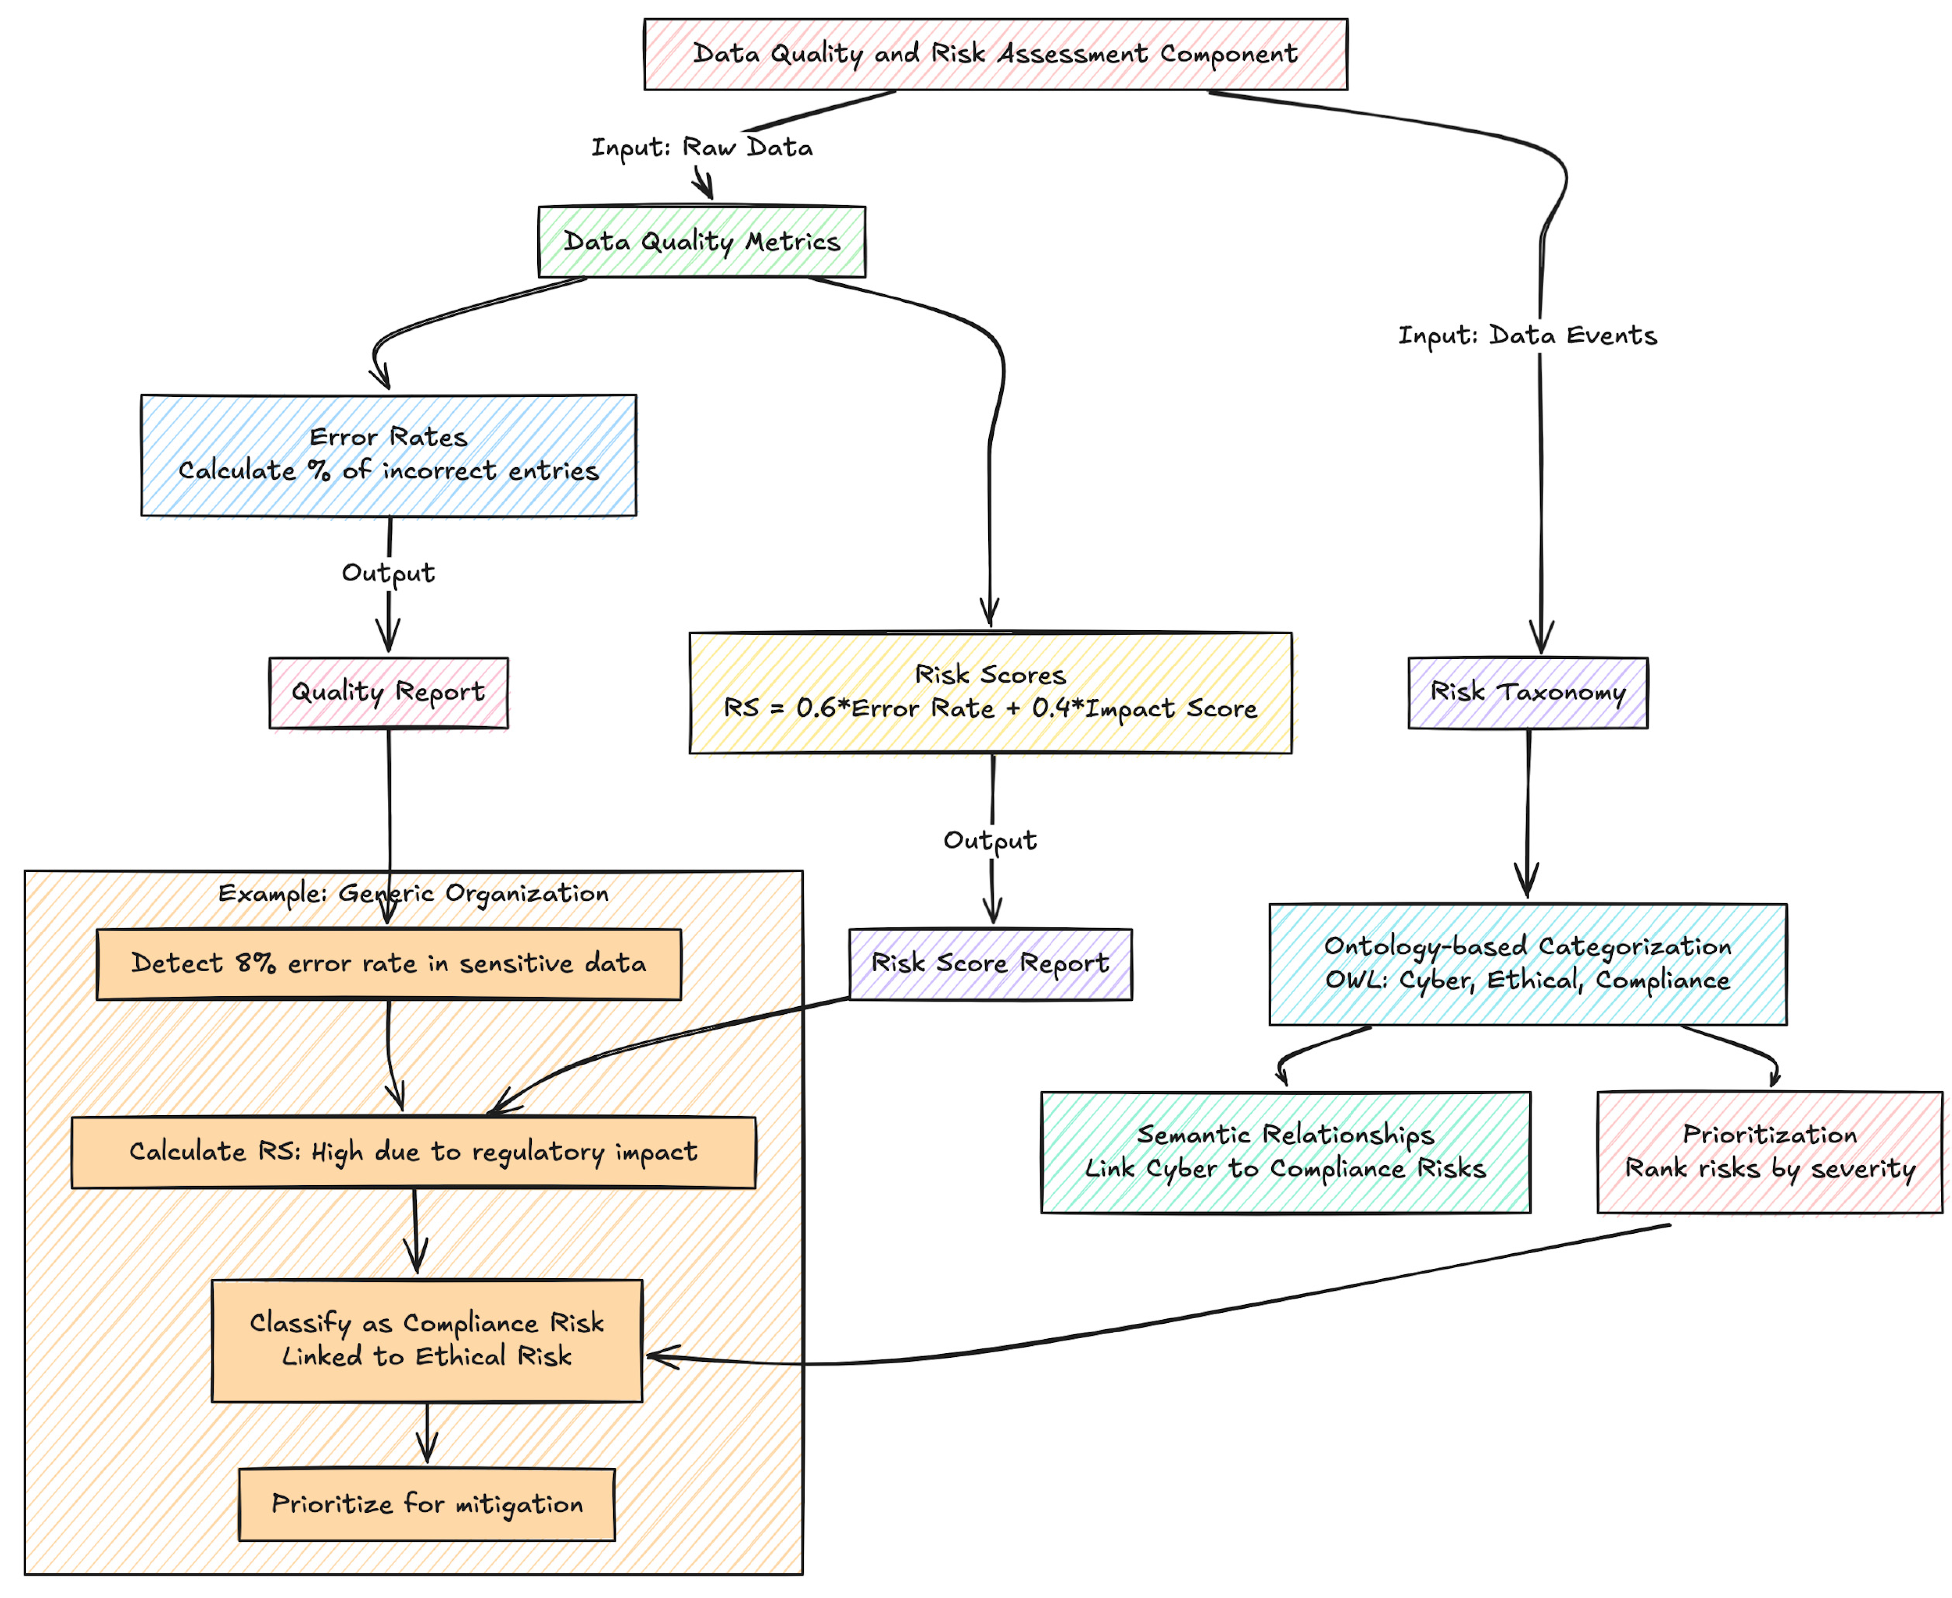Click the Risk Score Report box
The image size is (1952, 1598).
[x=990, y=964]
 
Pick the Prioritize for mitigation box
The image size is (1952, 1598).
[x=426, y=1504]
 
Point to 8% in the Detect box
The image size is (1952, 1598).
[x=255, y=964]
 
